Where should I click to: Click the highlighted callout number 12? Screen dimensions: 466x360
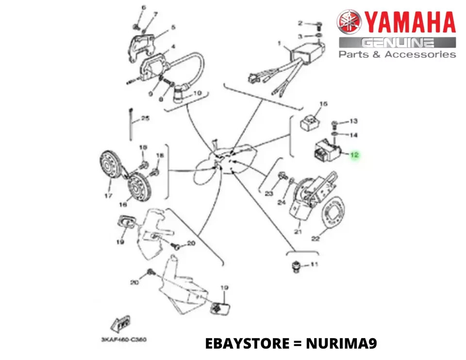click(354, 155)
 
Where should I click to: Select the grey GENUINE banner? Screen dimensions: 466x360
click(397, 43)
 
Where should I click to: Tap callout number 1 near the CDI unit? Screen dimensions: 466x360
click(280, 44)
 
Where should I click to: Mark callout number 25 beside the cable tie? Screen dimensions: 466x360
click(145, 118)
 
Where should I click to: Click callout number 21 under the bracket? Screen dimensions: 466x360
click(298, 232)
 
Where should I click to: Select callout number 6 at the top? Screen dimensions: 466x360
click(143, 8)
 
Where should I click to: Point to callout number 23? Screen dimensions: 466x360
click(269, 194)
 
